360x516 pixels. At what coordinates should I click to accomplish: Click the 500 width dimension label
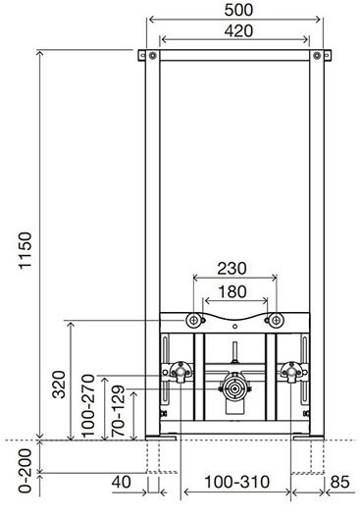tap(238, 10)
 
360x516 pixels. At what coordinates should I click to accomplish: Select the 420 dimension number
tap(238, 31)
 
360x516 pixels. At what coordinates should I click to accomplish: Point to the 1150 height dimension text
tap(26, 251)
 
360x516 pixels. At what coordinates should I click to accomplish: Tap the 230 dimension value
tap(231, 269)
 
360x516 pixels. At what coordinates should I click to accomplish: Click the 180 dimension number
tap(232, 292)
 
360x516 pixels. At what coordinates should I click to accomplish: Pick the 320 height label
tap(59, 385)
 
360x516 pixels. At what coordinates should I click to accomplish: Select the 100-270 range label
tap(88, 406)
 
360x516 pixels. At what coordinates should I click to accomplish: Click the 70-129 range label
tap(118, 411)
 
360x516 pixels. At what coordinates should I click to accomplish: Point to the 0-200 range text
tap(26, 471)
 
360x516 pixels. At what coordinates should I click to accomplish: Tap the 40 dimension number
tap(121, 482)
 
